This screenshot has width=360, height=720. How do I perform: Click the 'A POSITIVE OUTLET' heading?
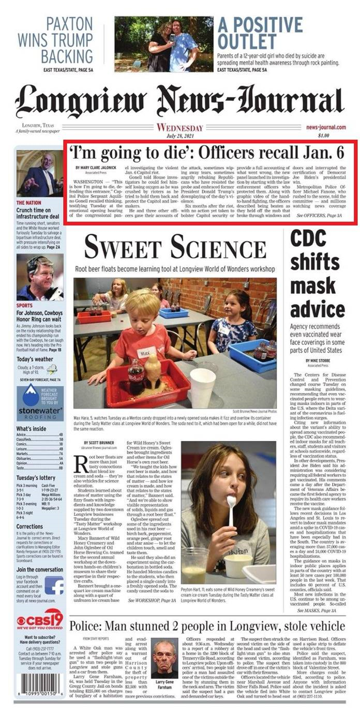coord(260,33)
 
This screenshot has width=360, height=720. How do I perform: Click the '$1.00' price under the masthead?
coord(324,136)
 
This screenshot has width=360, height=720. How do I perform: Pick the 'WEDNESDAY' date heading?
coord(179,128)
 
